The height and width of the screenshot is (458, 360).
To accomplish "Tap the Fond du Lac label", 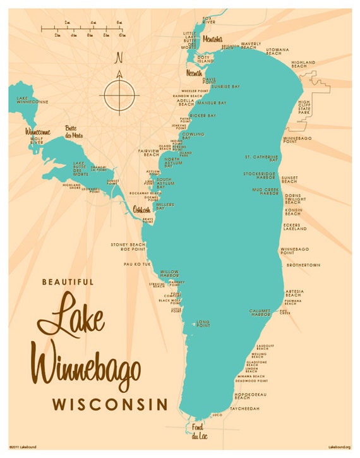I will [198, 431].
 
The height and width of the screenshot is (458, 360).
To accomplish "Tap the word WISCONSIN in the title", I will [110, 403].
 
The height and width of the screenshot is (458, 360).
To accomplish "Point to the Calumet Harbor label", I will [260, 312].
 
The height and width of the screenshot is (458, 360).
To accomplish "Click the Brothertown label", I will [303, 265].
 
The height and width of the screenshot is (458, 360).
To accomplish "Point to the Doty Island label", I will [203, 59].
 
